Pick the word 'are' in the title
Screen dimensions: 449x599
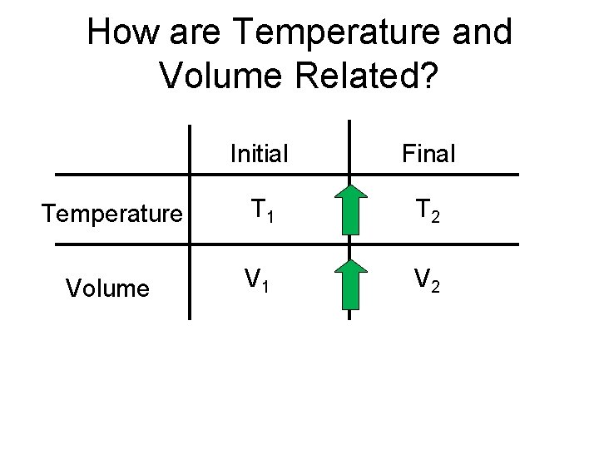pyautogui.click(x=196, y=33)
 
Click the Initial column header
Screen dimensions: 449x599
pyautogui.click(x=259, y=154)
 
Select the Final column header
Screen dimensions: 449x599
pyautogui.click(x=428, y=154)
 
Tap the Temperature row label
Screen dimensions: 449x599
pyautogui.click(x=112, y=216)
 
